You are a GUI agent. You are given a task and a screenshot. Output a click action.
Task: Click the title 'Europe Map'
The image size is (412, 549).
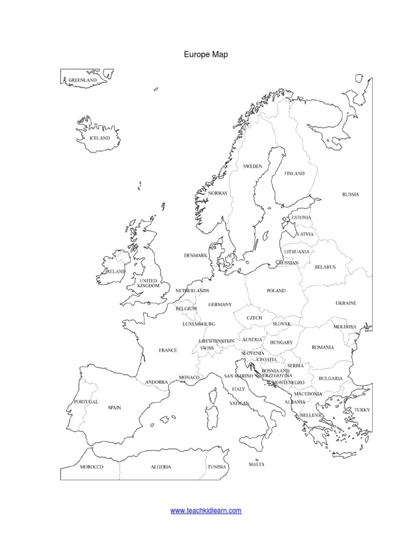point(206,54)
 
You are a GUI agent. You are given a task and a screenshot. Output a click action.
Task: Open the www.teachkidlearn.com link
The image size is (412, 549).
point(206,511)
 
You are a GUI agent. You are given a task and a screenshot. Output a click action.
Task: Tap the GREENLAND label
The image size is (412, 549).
point(82,80)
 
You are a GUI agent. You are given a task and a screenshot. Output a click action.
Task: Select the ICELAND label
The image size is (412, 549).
point(99,138)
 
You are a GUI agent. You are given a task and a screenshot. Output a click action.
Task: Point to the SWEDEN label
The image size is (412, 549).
point(253,167)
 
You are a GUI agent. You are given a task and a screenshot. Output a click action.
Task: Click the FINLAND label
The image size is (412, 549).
point(294,174)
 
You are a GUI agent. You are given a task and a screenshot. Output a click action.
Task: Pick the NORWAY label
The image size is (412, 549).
point(218,193)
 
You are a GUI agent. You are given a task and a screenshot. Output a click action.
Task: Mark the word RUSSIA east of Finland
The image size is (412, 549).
point(350,195)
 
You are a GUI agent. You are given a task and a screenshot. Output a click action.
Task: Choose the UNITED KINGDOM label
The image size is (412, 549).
point(149,283)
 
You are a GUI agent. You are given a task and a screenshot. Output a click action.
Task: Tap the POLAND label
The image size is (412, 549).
point(276,291)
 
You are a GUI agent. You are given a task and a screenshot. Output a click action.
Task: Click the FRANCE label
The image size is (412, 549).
point(168,350)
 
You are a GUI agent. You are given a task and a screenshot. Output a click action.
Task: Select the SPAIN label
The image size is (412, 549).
point(114,407)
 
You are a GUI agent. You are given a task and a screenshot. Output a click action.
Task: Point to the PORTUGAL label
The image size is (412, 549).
point(86,402)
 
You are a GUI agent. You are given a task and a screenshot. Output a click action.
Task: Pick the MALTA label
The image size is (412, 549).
point(256,464)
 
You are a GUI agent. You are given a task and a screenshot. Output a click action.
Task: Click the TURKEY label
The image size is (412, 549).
point(362,410)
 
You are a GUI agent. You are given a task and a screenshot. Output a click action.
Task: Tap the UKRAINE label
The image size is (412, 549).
point(346,303)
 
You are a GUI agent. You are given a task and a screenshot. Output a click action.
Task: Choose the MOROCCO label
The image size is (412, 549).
point(91,467)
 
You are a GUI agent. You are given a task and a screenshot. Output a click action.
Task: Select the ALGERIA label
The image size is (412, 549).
point(161,467)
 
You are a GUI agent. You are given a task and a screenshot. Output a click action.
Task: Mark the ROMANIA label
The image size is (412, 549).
point(323,347)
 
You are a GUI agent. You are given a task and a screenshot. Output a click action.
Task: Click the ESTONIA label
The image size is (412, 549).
point(301,218)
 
